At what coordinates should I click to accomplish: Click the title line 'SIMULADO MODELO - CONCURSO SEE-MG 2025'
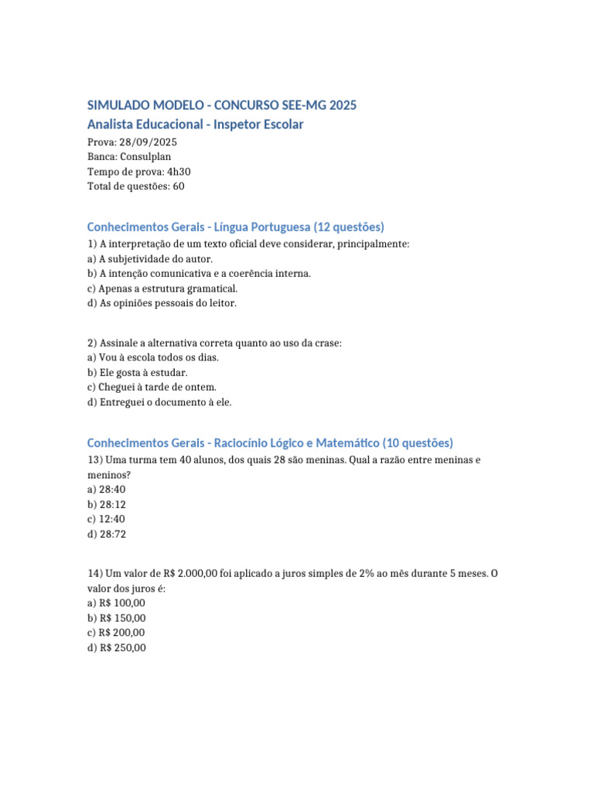click(x=222, y=105)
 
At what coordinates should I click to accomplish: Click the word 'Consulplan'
click(x=145, y=157)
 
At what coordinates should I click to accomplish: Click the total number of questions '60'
click(x=178, y=186)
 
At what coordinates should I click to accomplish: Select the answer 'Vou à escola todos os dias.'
click(x=159, y=358)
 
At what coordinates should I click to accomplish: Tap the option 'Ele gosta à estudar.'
click(x=143, y=373)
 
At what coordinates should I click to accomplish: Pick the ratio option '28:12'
click(x=112, y=504)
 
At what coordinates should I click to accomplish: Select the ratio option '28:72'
click(x=112, y=534)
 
